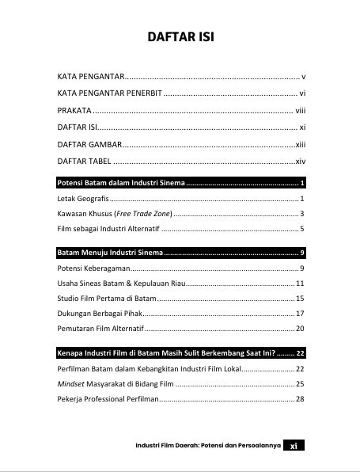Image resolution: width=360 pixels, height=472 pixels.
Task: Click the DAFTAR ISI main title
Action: [x=181, y=37]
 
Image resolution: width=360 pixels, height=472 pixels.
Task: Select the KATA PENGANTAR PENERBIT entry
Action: [x=110, y=93]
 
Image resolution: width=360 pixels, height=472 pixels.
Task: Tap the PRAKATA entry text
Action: [x=74, y=110]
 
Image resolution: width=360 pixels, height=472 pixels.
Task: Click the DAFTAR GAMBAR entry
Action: [x=89, y=144]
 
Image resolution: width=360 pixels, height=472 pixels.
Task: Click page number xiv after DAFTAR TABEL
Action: [x=300, y=161]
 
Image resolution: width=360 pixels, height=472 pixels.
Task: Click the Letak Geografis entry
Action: [x=83, y=198]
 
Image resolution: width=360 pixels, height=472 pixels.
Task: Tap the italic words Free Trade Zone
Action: [x=142, y=214]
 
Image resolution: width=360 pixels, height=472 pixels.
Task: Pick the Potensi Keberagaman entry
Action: [x=94, y=268]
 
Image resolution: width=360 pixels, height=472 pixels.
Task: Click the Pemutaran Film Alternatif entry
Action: [x=100, y=328]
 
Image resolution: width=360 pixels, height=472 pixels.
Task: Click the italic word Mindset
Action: [x=71, y=383]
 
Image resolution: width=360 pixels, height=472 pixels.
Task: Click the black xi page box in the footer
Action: [x=294, y=445]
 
